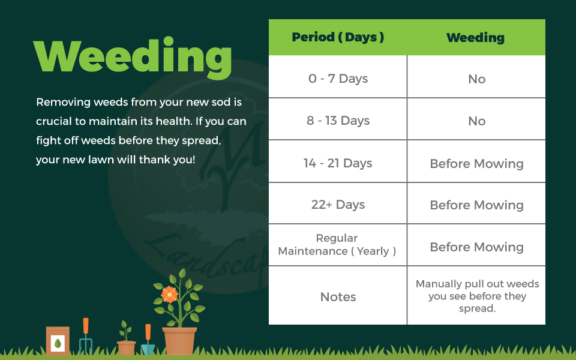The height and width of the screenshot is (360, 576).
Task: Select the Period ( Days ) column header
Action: point(338,37)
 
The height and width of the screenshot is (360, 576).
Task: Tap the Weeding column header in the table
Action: point(475,38)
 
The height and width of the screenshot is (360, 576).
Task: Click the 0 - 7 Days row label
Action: point(338,79)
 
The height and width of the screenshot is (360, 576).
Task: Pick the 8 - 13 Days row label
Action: point(338,121)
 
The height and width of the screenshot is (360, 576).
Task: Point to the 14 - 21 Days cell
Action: point(338,163)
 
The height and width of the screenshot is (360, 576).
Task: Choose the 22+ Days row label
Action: point(338,205)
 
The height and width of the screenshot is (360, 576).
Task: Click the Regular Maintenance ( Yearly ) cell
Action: point(337,245)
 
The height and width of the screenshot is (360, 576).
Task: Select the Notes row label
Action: point(338,297)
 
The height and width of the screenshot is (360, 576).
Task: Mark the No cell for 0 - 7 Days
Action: point(476,79)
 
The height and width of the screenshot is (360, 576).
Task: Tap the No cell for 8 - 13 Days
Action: point(476,121)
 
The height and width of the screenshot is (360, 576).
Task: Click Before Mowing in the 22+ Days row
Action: point(476,205)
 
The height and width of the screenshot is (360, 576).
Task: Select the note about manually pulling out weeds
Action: point(477,296)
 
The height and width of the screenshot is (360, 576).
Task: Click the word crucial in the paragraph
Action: point(56,121)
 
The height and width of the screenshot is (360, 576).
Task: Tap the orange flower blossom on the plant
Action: point(169,294)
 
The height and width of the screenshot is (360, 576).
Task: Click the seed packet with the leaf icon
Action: point(58,341)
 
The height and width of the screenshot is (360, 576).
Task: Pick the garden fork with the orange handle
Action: point(86,336)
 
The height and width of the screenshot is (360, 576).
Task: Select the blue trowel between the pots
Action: point(148,341)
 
